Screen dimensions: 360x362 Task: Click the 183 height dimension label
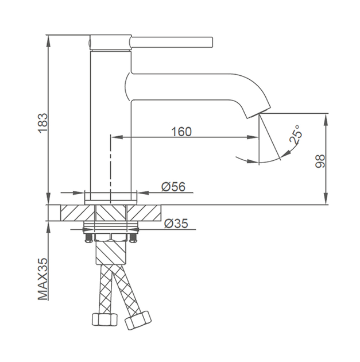click(x=43, y=123)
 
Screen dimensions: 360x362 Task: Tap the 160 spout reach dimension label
click(x=181, y=132)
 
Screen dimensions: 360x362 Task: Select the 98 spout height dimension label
click(x=320, y=161)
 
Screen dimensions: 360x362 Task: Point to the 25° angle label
click(x=296, y=134)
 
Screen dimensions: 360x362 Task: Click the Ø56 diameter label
click(x=173, y=187)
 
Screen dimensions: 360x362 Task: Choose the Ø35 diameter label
click(x=176, y=224)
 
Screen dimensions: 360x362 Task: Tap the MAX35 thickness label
click(x=43, y=279)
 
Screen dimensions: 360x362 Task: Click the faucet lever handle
click(x=171, y=43)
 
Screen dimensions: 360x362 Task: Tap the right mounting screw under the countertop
click(x=133, y=238)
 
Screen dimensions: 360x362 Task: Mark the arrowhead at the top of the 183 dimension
click(x=48, y=40)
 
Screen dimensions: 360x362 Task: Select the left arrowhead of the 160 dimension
click(x=117, y=137)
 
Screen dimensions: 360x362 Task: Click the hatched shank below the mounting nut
click(x=111, y=252)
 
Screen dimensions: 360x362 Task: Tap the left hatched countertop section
click(x=78, y=213)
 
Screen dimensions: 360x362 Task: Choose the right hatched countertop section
click(x=144, y=213)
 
